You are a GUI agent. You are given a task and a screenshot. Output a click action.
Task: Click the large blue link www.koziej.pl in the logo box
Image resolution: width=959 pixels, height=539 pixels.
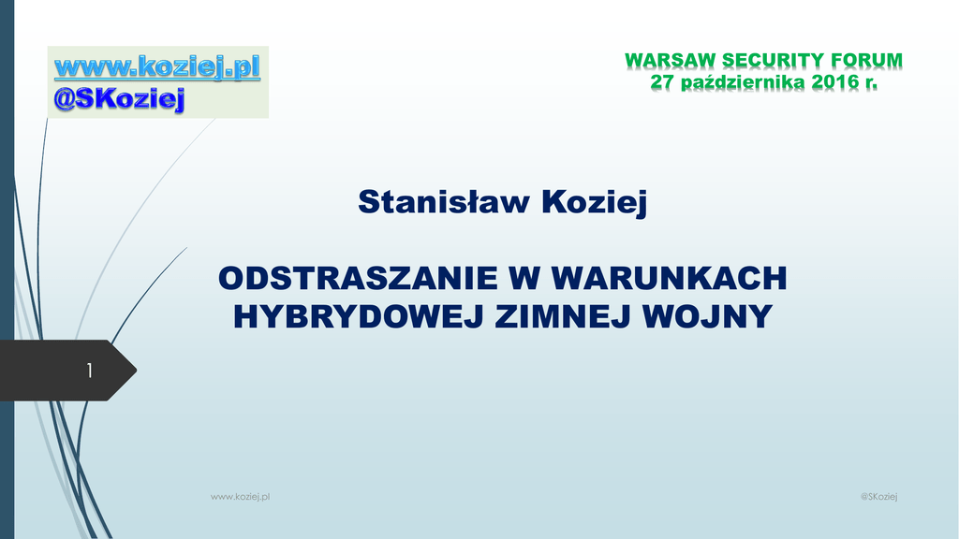157,67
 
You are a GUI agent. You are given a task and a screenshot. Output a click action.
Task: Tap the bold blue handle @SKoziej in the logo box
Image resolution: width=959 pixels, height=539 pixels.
119,99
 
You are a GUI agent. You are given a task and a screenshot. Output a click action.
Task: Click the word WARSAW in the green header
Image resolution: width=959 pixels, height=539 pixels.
671,61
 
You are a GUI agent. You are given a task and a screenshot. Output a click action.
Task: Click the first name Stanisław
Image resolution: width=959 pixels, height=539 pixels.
443,201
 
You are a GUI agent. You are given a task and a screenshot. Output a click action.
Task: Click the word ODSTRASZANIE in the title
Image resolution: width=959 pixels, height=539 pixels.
358,278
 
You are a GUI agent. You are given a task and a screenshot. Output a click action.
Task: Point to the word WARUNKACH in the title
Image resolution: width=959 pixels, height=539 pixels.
669,278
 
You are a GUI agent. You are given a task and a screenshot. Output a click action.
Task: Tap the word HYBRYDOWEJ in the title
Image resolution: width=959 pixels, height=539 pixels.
359,316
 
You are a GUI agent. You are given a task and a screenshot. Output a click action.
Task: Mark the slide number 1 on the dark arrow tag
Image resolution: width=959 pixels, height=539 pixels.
90,371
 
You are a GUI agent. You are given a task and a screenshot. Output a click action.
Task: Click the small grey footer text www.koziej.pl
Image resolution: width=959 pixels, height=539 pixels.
241,497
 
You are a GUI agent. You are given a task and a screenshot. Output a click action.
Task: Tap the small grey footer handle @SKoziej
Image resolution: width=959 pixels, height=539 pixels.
878,497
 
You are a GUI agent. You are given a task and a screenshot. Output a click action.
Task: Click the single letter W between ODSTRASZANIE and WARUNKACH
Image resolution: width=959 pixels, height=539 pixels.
524,278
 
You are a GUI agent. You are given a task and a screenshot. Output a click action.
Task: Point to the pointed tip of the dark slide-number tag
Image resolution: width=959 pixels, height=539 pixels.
137,370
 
